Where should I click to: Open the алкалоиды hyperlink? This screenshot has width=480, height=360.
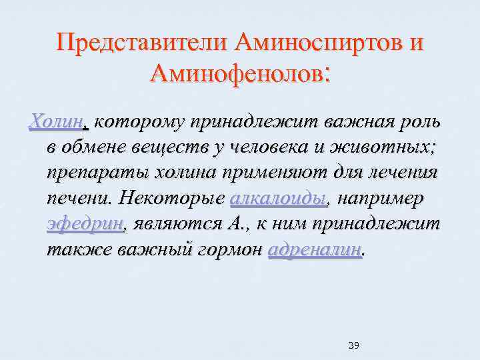[279, 199]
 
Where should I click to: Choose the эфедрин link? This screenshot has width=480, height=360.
[85, 224]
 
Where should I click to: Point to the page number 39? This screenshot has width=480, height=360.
[354, 345]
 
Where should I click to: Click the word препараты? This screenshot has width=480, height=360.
[97, 173]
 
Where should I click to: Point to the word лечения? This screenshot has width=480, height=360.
[399, 173]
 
